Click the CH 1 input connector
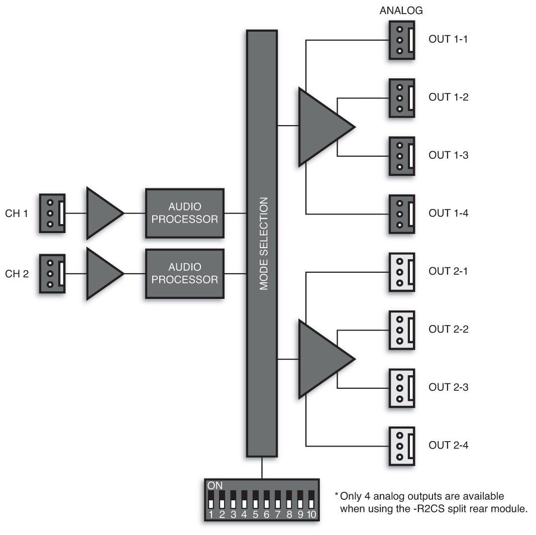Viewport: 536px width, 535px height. [52, 213]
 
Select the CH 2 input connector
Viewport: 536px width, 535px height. [52, 274]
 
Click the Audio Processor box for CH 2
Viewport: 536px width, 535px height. [184, 273]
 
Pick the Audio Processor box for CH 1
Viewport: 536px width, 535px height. [184, 213]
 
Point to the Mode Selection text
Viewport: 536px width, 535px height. [263, 244]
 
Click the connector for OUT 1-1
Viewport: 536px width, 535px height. [402, 40]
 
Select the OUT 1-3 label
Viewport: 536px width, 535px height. [448, 155]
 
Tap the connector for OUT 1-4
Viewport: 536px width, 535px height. [402, 214]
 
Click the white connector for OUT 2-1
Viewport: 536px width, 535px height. [402, 272]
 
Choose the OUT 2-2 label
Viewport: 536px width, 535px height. [448, 330]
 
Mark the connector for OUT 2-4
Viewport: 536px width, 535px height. [402, 446]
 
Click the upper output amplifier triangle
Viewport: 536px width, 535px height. [322, 127]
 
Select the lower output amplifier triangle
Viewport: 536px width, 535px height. [322, 359]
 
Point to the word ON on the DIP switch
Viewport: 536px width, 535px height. [215, 486]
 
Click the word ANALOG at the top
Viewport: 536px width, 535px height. [401, 10]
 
